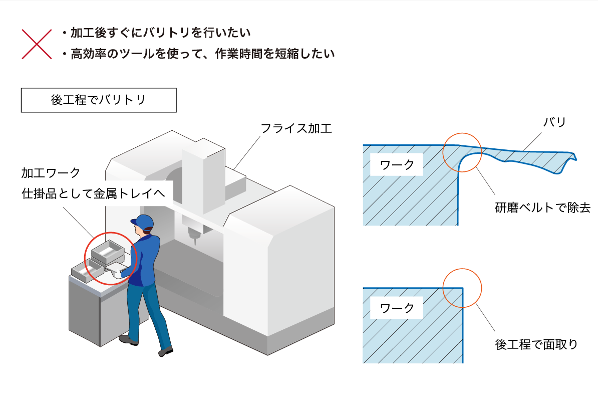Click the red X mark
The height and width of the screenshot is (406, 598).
tap(37, 44)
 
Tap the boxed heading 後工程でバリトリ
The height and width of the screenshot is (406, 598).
tap(99, 100)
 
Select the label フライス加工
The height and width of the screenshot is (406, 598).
tap(296, 129)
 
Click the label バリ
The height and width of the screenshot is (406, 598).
tap(554, 122)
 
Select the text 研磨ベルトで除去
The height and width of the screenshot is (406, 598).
tap(543, 208)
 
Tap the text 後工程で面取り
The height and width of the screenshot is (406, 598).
tap(536, 344)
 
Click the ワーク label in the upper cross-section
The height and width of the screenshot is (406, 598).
tap(397, 165)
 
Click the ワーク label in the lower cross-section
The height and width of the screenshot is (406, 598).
tap(397, 308)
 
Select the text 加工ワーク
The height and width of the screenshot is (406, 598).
tap(51, 173)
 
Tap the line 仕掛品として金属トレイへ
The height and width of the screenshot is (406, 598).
tap(94, 193)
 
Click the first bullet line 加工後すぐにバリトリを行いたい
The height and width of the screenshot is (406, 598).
tap(156, 33)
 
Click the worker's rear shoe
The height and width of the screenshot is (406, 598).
tap(129, 340)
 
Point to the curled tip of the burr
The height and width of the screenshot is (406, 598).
tap(573, 156)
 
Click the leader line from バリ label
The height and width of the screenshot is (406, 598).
tap(532, 141)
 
